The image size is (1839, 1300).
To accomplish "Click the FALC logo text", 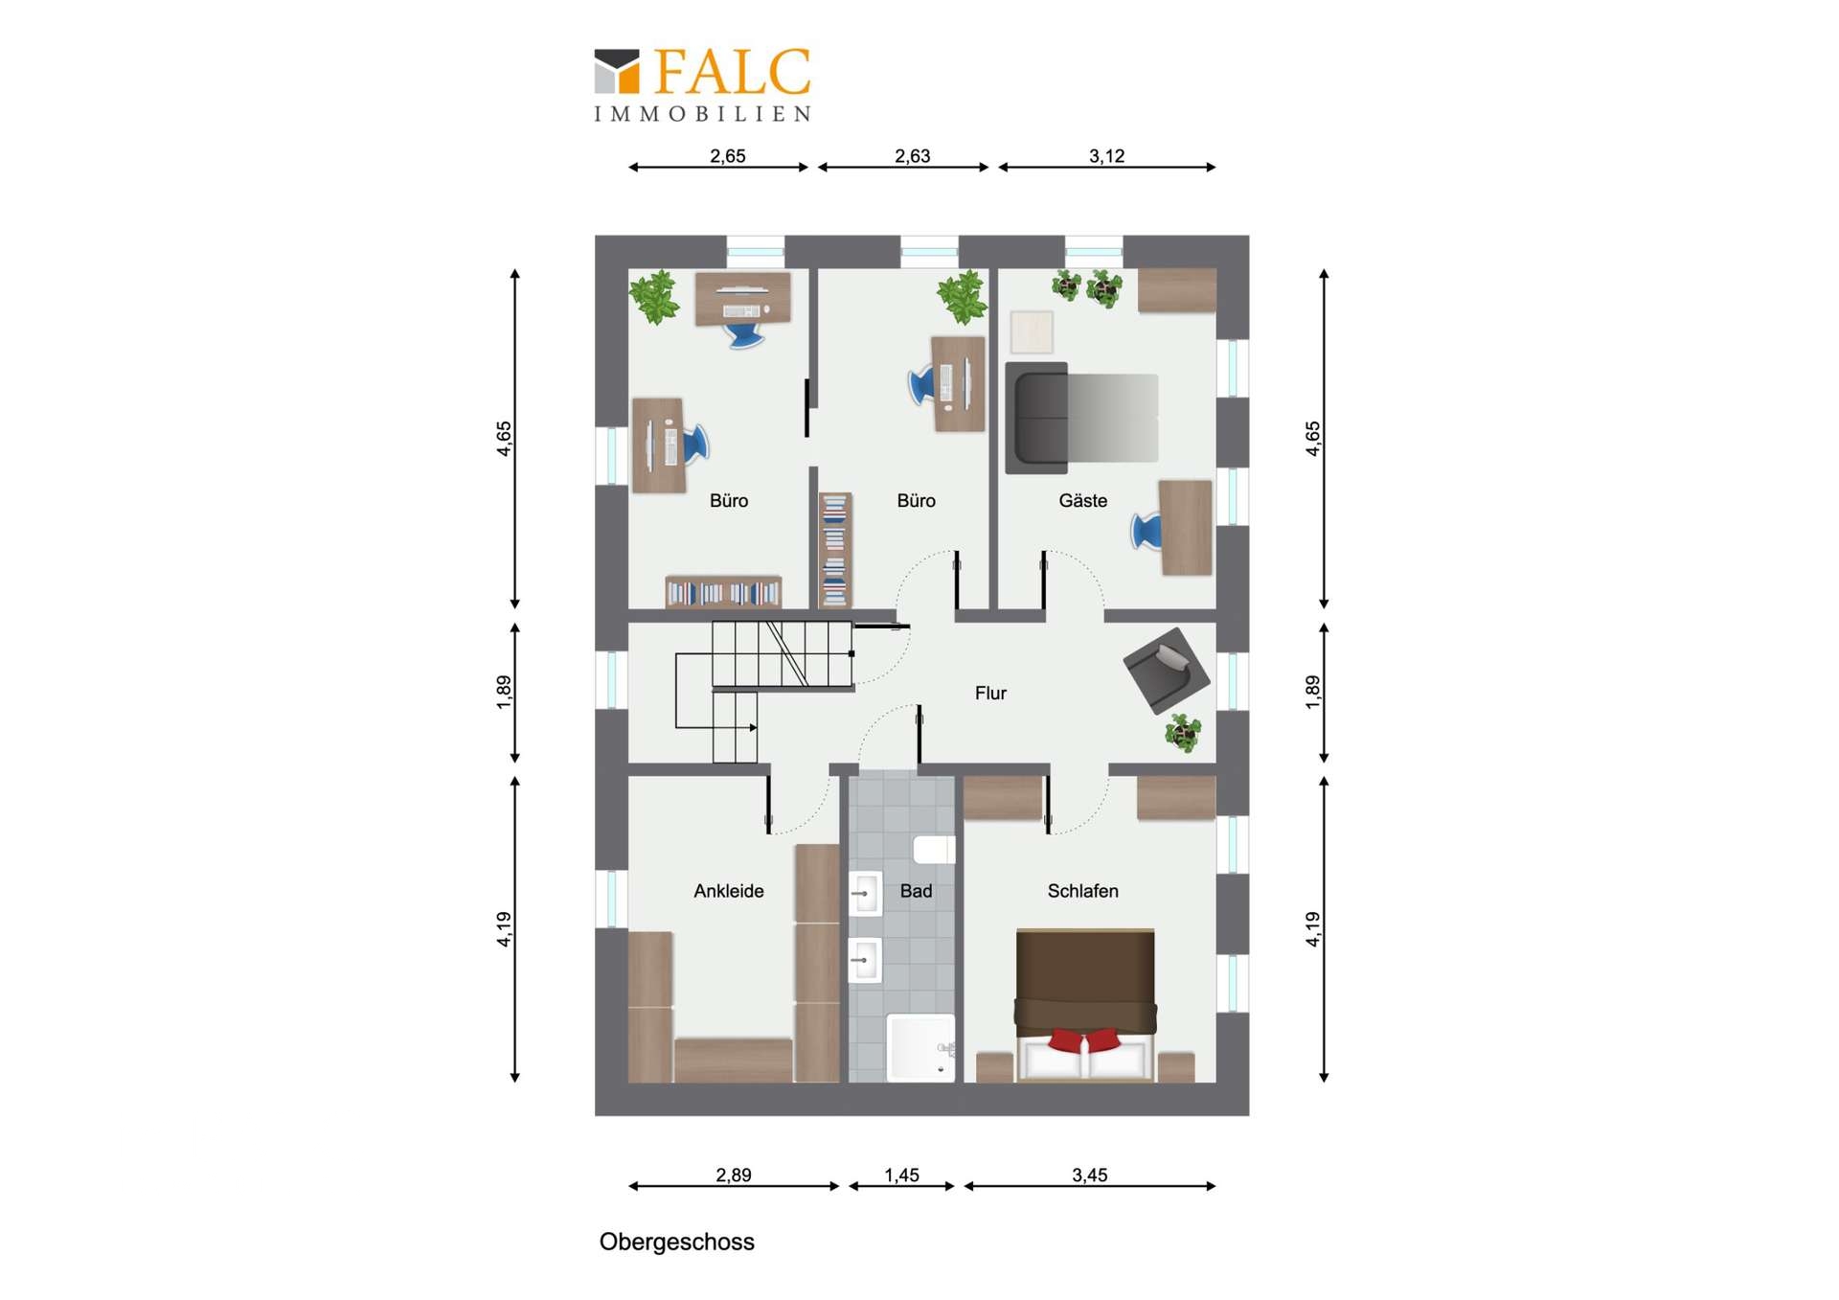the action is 733,72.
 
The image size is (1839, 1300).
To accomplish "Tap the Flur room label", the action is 990,693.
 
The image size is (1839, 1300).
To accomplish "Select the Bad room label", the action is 916,891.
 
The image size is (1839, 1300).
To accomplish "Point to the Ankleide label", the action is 729,891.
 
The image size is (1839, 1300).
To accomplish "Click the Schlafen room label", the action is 1082,891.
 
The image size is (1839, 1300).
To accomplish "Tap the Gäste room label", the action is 1082,500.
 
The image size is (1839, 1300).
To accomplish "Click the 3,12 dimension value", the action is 1106,155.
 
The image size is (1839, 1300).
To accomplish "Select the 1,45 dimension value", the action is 901,1175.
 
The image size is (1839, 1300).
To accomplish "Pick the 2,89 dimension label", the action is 734,1175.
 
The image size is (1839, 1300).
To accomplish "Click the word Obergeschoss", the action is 677,1242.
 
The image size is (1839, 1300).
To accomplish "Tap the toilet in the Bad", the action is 934,849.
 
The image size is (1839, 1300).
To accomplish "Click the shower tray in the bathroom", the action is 920,1048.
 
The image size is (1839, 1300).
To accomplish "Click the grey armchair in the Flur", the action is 1167,670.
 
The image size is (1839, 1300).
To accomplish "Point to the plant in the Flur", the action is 1184,733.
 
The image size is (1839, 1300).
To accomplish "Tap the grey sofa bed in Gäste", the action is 1081,418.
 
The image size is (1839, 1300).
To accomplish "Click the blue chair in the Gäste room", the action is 1147,531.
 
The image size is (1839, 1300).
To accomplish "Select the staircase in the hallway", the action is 763,690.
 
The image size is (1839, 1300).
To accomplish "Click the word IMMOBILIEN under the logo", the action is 703,114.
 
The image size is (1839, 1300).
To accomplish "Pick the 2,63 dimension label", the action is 912,155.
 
